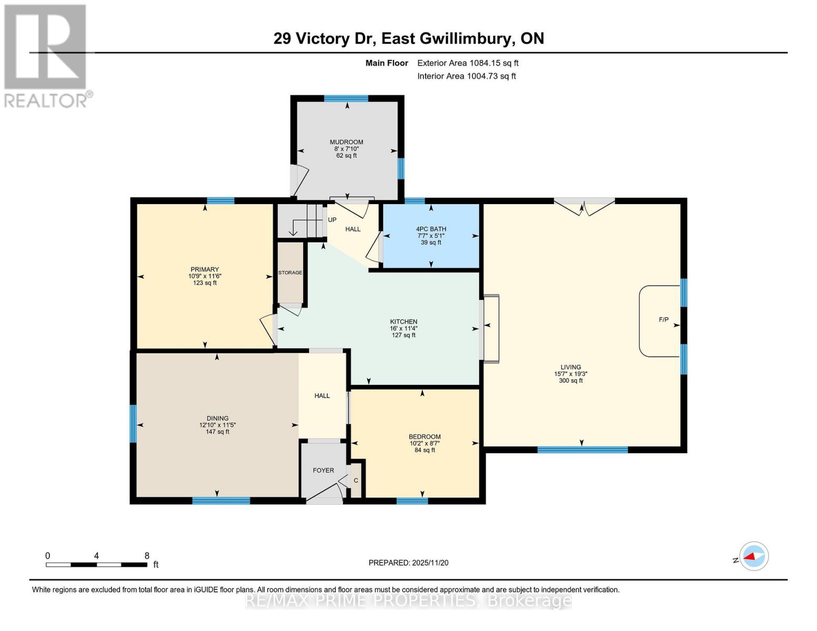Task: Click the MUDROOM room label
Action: (346, 142)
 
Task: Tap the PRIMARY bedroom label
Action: (205, 269)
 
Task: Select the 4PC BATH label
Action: (431, 229)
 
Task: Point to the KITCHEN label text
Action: (404, 322)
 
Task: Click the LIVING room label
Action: (570, 367)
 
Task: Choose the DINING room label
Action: (217, 419)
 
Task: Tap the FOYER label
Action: (323, 471)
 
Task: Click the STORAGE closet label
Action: (290, 273)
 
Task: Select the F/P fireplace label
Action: (663, 320)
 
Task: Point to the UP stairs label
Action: (332, 220)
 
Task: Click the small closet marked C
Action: (356, 481)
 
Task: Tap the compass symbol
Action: (753, 556)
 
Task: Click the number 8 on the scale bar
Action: (147, 556)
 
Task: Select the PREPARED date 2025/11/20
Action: (408, 563)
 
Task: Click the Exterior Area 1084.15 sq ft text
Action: (468, 63)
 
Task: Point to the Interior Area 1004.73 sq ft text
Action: (466, 76)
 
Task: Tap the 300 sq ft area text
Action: (570, 381)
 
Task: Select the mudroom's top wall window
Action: (346, 98)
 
